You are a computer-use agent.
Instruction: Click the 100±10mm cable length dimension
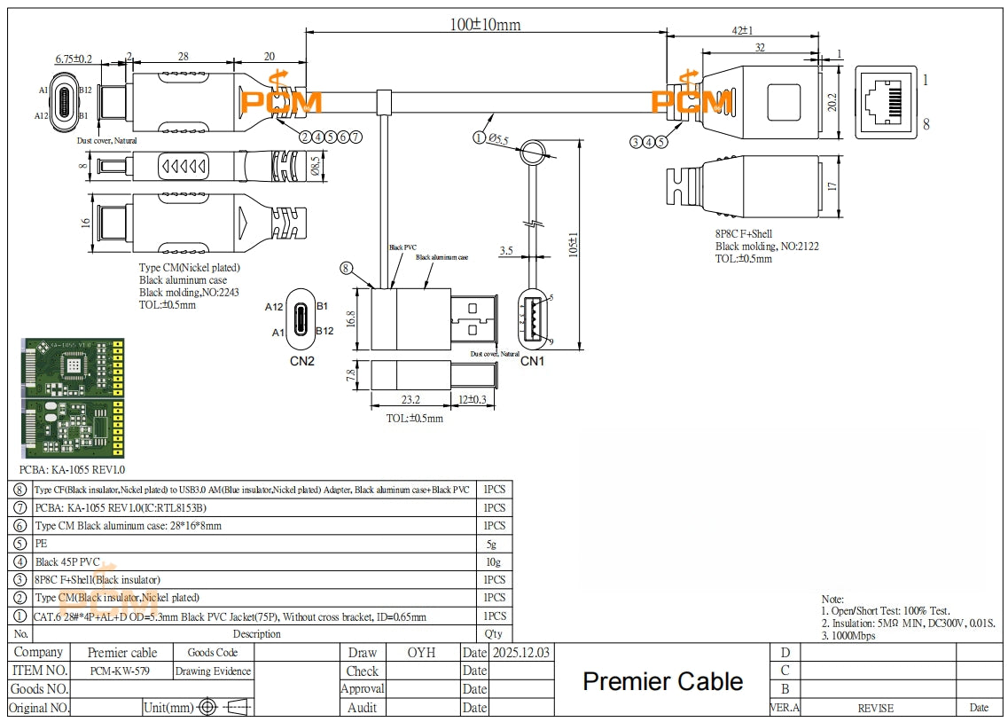tap(485, 24)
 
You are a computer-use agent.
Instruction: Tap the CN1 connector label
tap(532, 361)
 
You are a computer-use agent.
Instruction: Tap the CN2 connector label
tap(301, 361)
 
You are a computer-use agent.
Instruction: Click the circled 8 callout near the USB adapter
tap(346, 267)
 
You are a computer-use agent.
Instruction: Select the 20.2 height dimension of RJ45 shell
tap(832, 102)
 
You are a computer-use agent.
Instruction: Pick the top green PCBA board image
tap(72, 367)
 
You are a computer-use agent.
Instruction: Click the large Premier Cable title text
tap(662, 681)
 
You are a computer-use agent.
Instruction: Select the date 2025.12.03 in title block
tap(520, 653)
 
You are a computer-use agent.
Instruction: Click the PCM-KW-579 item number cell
tap(120, 671)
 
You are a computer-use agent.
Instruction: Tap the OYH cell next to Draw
tap(421, 653)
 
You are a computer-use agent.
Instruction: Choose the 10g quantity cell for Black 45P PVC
tap(494, 561)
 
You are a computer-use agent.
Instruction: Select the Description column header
tap(256, 634)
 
